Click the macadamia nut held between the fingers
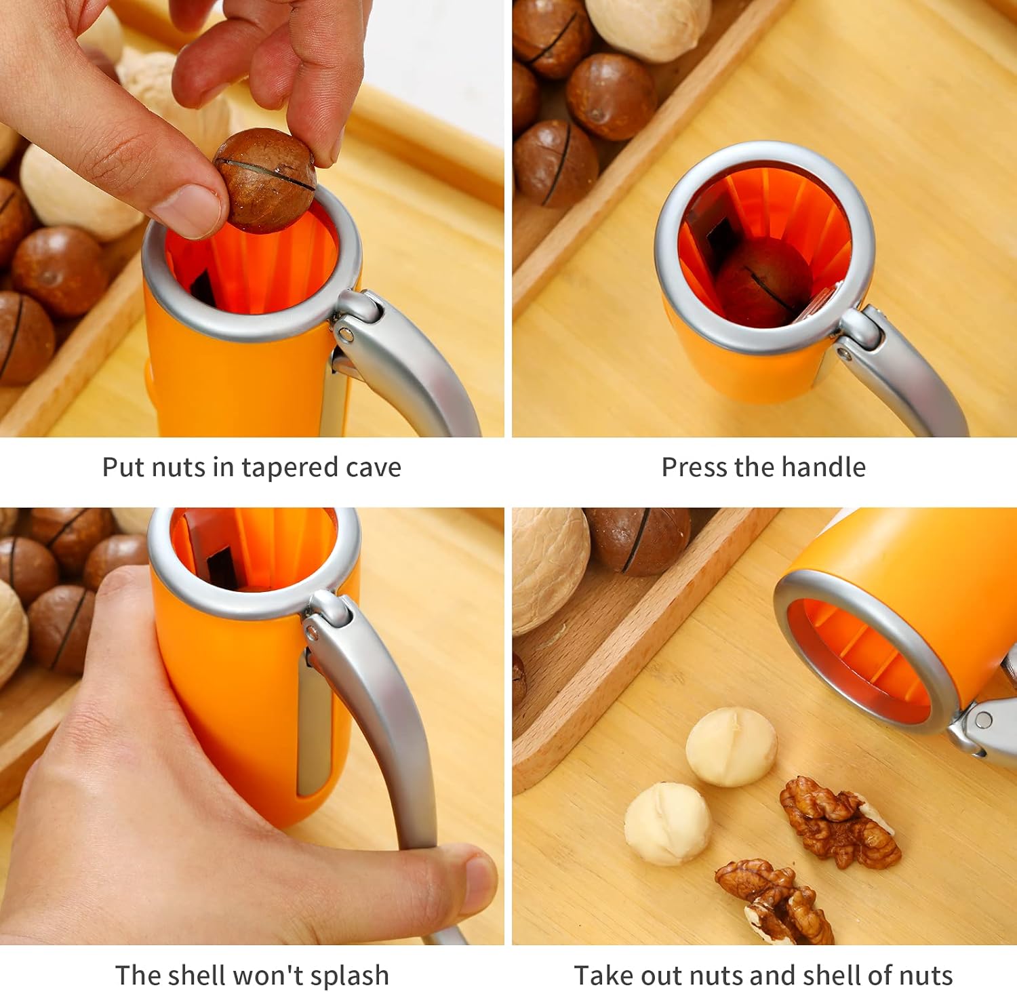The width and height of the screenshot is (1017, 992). click(265, 179)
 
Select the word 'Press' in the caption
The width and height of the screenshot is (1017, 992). click(694, 467)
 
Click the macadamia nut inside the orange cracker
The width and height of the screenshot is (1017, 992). click(758, 283)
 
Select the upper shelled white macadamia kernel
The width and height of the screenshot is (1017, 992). click(731, 747)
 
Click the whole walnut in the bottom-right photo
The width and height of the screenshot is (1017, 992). click(549, 570)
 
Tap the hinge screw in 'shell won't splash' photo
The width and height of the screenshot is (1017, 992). click(313, 633)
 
